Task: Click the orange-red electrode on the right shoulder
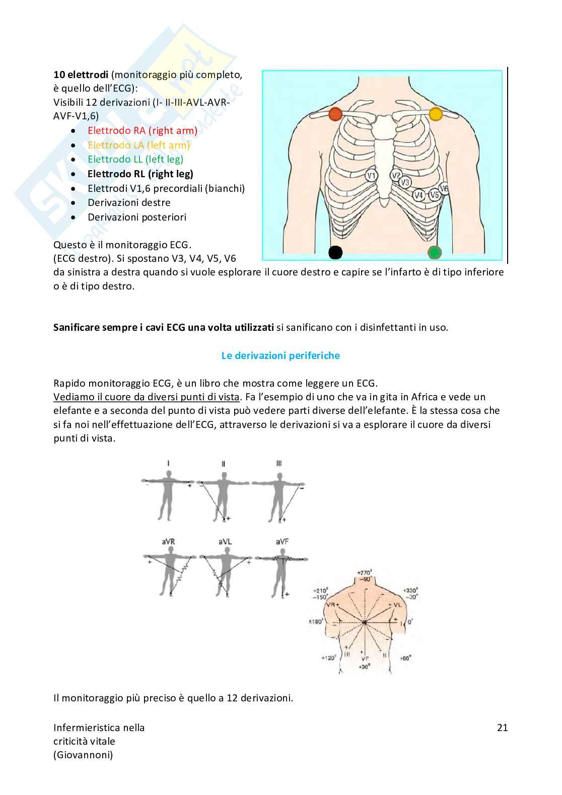[335, 114]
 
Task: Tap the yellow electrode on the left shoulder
[436, 114]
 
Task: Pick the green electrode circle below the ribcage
[435, 252]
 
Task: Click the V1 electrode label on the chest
[372, 176]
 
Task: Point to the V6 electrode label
[444, 189]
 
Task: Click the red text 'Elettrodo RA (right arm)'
[143, 130]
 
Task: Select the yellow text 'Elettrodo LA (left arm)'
[138, 145]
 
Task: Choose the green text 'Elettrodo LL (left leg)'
[135, 159]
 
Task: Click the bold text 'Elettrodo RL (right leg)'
[140, 174]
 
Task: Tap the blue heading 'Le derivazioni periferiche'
[280, 355]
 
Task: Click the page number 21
[502, 727]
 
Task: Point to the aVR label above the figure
[168, 542]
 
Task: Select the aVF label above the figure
[283, 542]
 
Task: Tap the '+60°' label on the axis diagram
[405, 658]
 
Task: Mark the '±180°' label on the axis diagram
[316, 622]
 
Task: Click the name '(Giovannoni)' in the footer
[83, 755]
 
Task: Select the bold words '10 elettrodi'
[81, 75]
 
